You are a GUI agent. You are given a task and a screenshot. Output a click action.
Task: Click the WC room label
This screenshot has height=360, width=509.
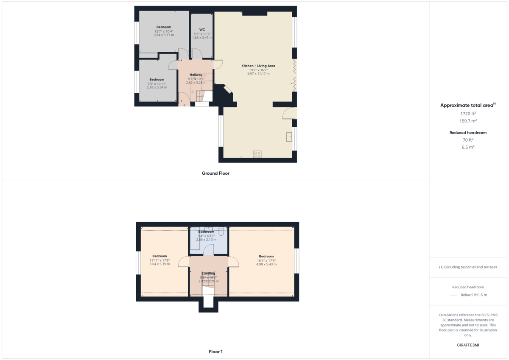[x=202, y=30]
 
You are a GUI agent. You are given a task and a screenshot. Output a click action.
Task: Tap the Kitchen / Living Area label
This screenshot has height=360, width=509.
[x=258, y=66]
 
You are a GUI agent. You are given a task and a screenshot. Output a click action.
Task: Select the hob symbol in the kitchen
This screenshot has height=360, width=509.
[x=257, y=154]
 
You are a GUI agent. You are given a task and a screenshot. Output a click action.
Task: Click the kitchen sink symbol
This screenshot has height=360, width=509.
[x=289, y=137]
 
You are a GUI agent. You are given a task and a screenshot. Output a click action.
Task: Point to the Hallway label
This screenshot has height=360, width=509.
[x=196, y=75]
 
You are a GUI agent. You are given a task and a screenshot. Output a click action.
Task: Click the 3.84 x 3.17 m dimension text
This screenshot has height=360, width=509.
[x=164, y=35]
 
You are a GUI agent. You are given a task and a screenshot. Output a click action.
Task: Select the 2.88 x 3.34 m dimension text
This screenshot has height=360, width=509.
[x=157, y=87]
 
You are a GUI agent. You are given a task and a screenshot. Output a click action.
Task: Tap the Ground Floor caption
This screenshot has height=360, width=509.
[x=215, y=173]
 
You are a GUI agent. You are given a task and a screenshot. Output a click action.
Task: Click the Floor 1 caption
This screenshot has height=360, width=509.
[x=215, y=352]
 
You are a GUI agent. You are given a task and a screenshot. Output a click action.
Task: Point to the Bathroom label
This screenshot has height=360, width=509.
[x=206, y=232]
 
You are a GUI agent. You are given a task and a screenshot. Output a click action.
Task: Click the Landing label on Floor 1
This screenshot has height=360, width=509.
[x=208, y=273]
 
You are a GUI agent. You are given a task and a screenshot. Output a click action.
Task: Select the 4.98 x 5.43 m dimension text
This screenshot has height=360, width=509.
[x=266, y=264]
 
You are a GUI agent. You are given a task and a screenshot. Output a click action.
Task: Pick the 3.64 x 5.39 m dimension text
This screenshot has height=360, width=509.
[x=159, y=264]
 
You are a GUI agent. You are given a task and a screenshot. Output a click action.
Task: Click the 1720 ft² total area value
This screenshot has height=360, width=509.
[x=468, y=114]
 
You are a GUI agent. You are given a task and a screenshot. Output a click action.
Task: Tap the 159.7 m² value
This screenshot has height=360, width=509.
[x=468, y=121]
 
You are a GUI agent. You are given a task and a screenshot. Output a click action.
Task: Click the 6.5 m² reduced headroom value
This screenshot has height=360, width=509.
[x=468, y=147]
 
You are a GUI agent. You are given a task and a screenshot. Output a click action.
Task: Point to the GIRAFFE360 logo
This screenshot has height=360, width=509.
[x=468, y=345]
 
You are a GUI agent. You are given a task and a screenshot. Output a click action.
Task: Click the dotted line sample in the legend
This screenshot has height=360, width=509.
[x=453, y=295]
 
